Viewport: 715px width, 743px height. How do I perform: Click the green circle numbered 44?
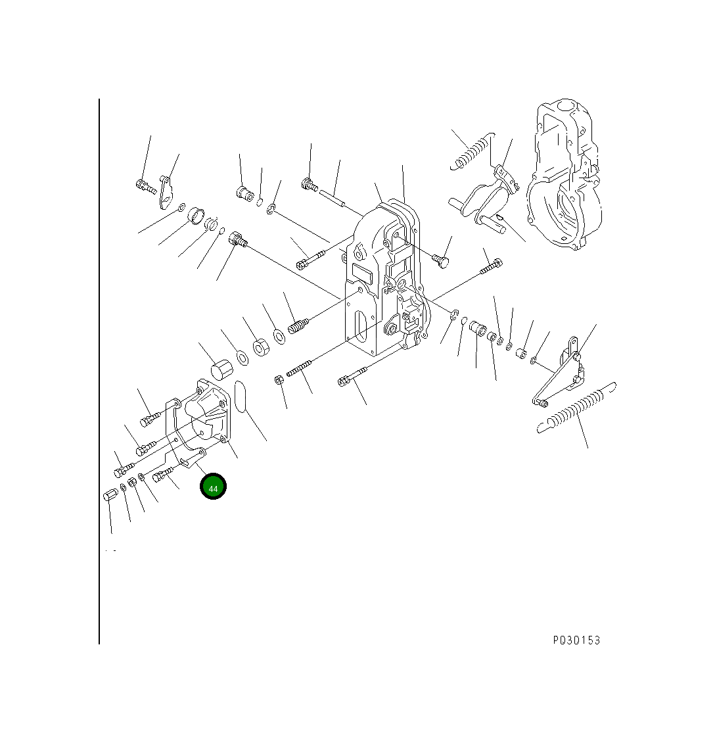(x=213, y=486)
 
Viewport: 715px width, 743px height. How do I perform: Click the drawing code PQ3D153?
(x=576, y=640)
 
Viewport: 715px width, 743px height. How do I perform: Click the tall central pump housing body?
(x=384, y=279)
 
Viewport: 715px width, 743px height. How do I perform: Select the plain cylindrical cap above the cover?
(x=221, y=370)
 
